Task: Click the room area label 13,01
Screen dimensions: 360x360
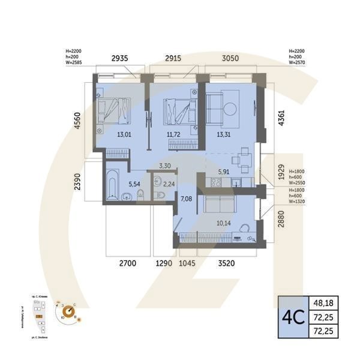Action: point(124,134)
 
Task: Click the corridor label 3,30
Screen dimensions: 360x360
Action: point(166,166)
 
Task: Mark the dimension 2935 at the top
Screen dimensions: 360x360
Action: point(123,59)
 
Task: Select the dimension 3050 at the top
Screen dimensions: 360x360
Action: point(231,59)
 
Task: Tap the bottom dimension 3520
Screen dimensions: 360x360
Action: point(226,263)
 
